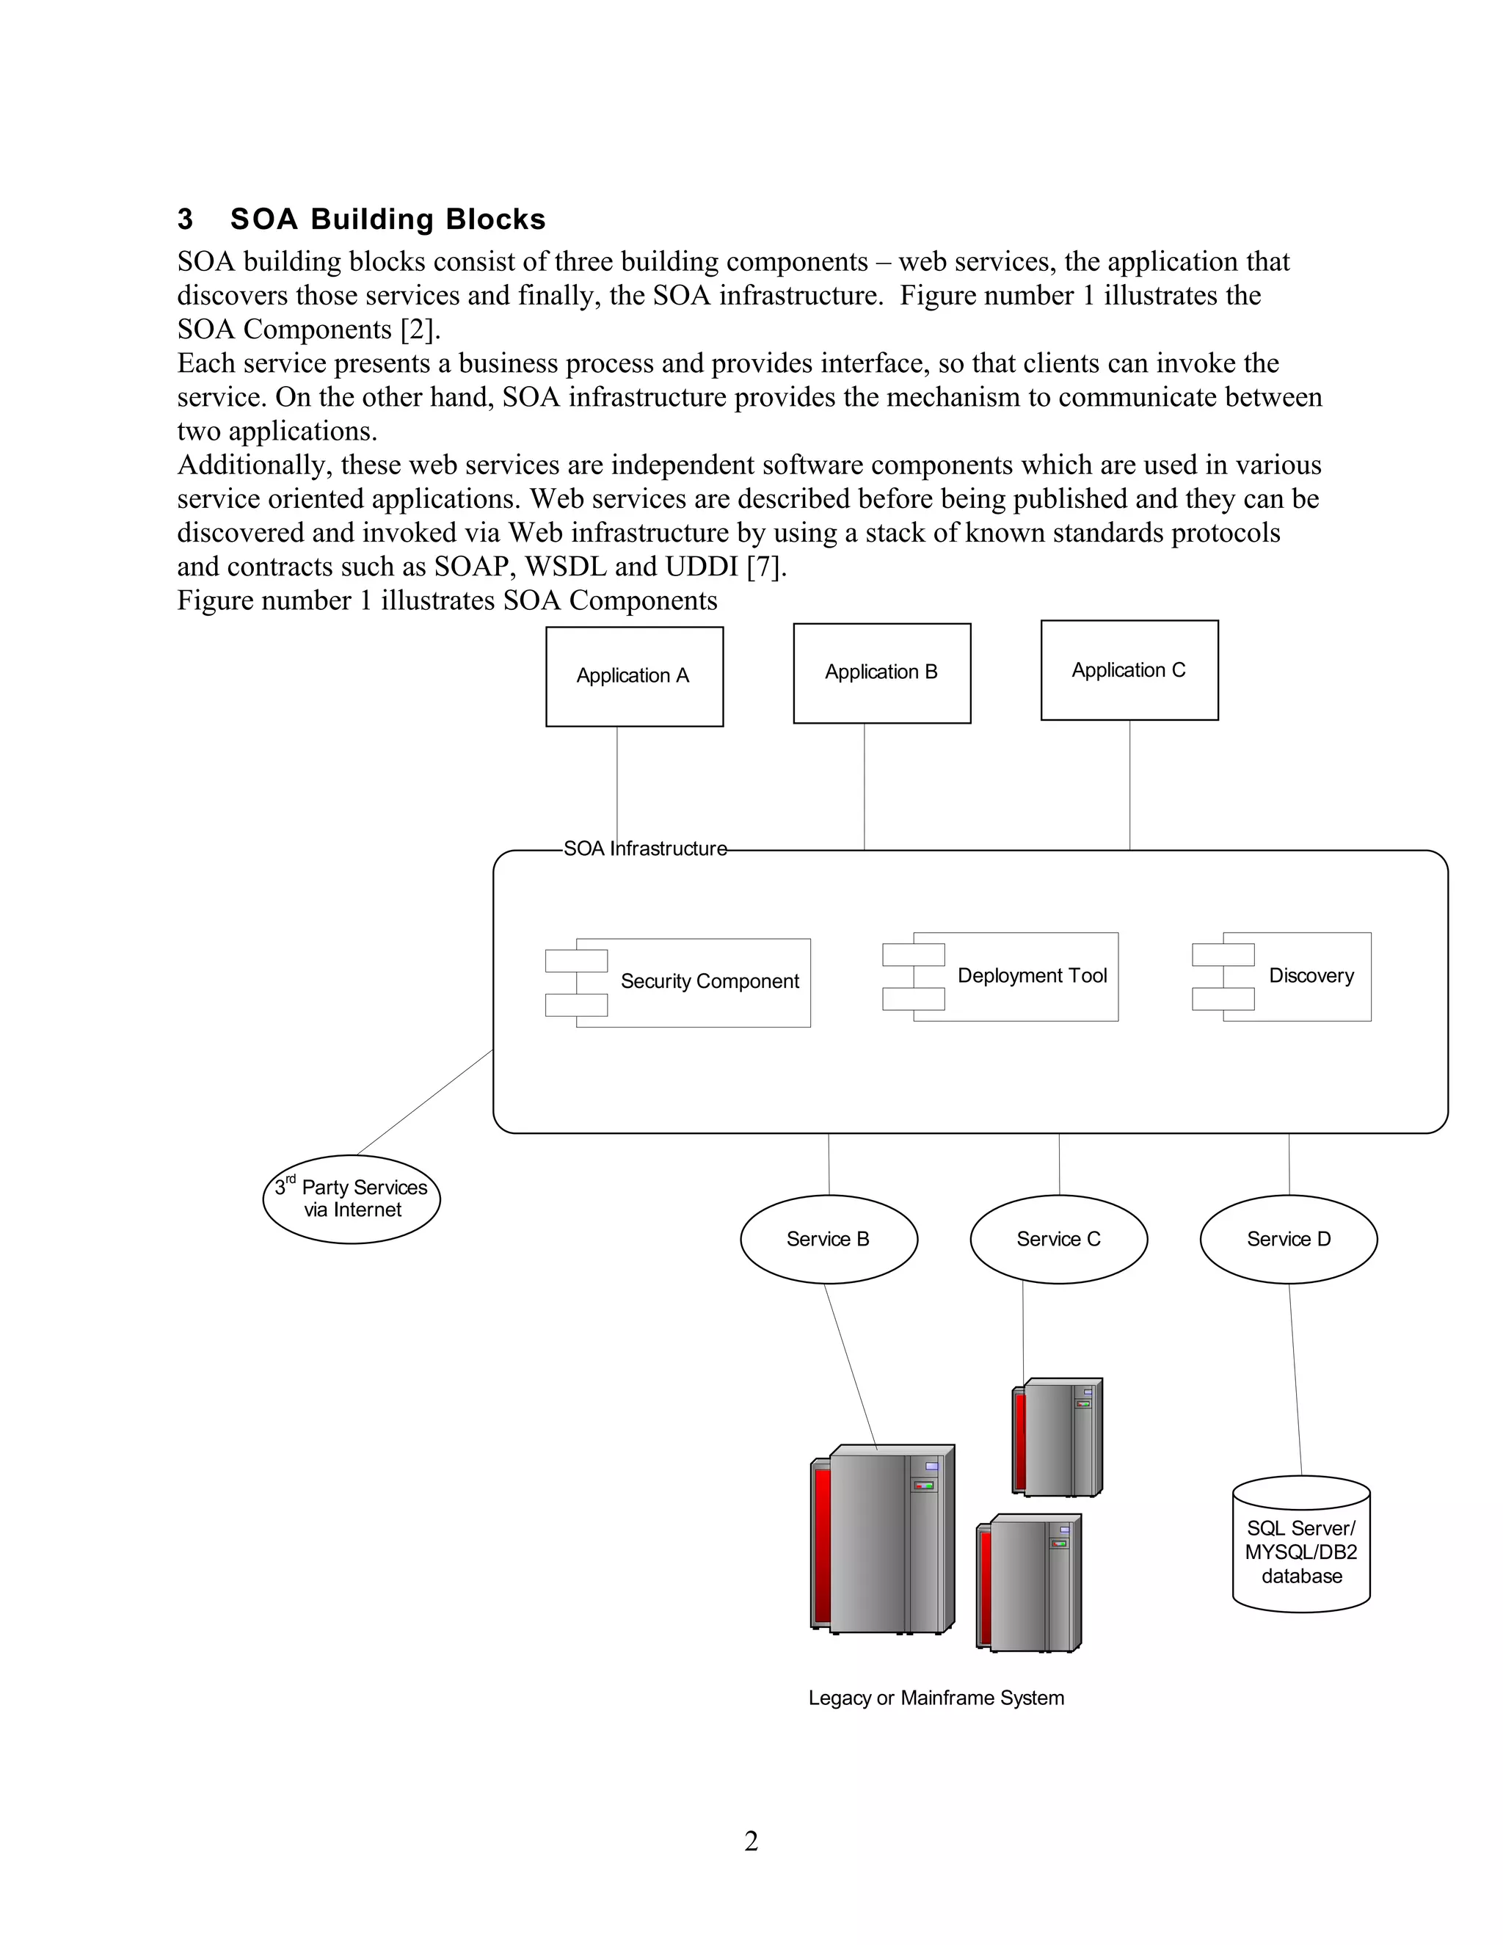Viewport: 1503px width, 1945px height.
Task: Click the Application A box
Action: [x=634, y=677]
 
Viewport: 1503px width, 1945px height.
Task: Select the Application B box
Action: [x=881, y=673]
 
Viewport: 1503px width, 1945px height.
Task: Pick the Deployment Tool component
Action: [x=1015, y=976]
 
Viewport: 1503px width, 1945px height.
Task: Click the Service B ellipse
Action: [x=828, y=1239]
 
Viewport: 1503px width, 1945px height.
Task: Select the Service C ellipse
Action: [x=1059, y=1239]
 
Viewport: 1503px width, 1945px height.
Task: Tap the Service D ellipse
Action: [x=1289, y=1239]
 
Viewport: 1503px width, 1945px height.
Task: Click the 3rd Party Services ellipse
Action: [x=352, y=1199]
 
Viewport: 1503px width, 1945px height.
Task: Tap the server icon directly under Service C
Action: [x=1058, y=1437]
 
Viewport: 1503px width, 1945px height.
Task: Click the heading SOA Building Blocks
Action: [x=387, y=219]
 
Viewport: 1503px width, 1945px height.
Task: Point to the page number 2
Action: [x=751, y=1841]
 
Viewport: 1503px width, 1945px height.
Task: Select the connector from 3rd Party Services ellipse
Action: [x=425, y=1102]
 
